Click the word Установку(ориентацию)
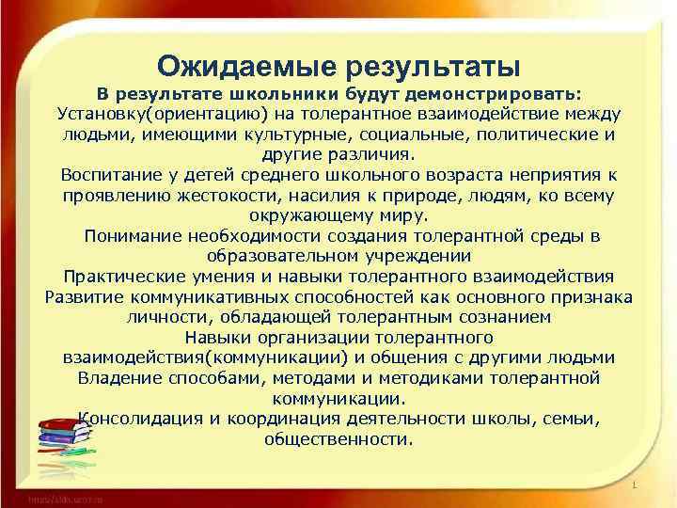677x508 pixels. coord(162,114)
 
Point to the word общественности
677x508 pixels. coord(338,438)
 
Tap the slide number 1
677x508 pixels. coord(635,485)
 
